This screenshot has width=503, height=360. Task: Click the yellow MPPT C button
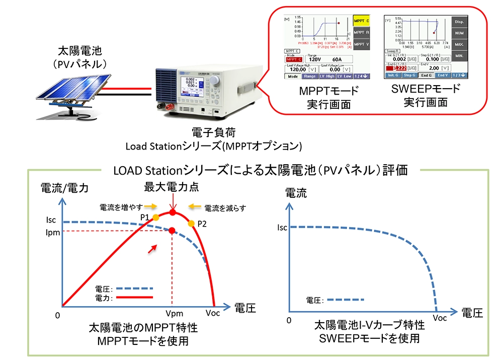pos(361,21)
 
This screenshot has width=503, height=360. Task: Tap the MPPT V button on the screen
pos(361,44)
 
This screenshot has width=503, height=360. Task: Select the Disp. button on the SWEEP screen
pos(459,22)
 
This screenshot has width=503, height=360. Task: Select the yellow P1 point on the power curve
pos(156,218)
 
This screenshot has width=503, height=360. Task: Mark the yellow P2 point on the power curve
pos(192,223)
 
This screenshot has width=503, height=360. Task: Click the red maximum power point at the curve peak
pos(173,213)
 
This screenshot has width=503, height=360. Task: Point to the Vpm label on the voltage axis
pos(173,313)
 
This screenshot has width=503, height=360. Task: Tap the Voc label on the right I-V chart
pos(439,318)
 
